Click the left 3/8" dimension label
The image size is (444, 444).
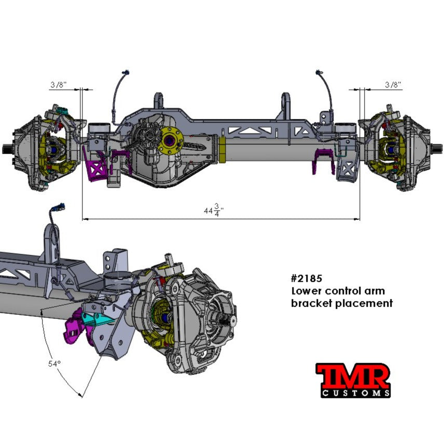[58, 84]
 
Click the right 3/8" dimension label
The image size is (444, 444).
[393, 84]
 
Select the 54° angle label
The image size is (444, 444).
[55, 364]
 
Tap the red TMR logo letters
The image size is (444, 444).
[353, 376]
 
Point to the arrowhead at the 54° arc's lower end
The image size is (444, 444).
[81, 395]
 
